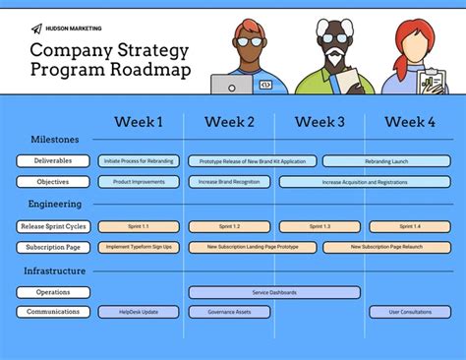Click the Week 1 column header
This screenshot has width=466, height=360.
[x=139, y=122]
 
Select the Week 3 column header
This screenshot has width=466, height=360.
[x=320, y=122]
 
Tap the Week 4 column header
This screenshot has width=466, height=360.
[x=410, y=122]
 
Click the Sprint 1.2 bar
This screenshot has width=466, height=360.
[x=229, y=226]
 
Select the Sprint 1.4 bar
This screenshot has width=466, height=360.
[x=410, y=226]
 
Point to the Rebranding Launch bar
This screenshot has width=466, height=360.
[x=387, y=160]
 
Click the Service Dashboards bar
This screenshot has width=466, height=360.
[x=274, y=292]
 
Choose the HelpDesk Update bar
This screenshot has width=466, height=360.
[x=139, y=312]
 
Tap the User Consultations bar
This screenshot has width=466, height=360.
[x=410, y=312]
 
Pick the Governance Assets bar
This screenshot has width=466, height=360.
[x=229, y=312]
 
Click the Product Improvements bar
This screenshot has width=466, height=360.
[x=139, y=182]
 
